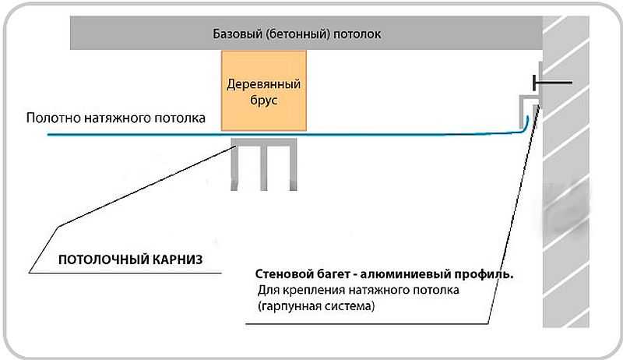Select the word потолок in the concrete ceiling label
pyautogui.click(x=357, y=34)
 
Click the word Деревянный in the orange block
pyautogui.click(x=263, y=84)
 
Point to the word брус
pyautogui.click(x=263, y=101)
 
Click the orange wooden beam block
pyautogui.click(x=264, y=90)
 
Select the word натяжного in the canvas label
pyautogui.click(x=118, y=118)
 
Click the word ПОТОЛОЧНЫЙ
pyautogui.click(x=104, y=259)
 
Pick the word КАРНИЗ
pyautogui.click(x=178, y=259)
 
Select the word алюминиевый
pyautogui.click(x=405, y=274)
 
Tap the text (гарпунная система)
pyautogui.click(x=316, y=306)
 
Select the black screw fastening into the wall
pyautogui.click(x=552, y=83)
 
